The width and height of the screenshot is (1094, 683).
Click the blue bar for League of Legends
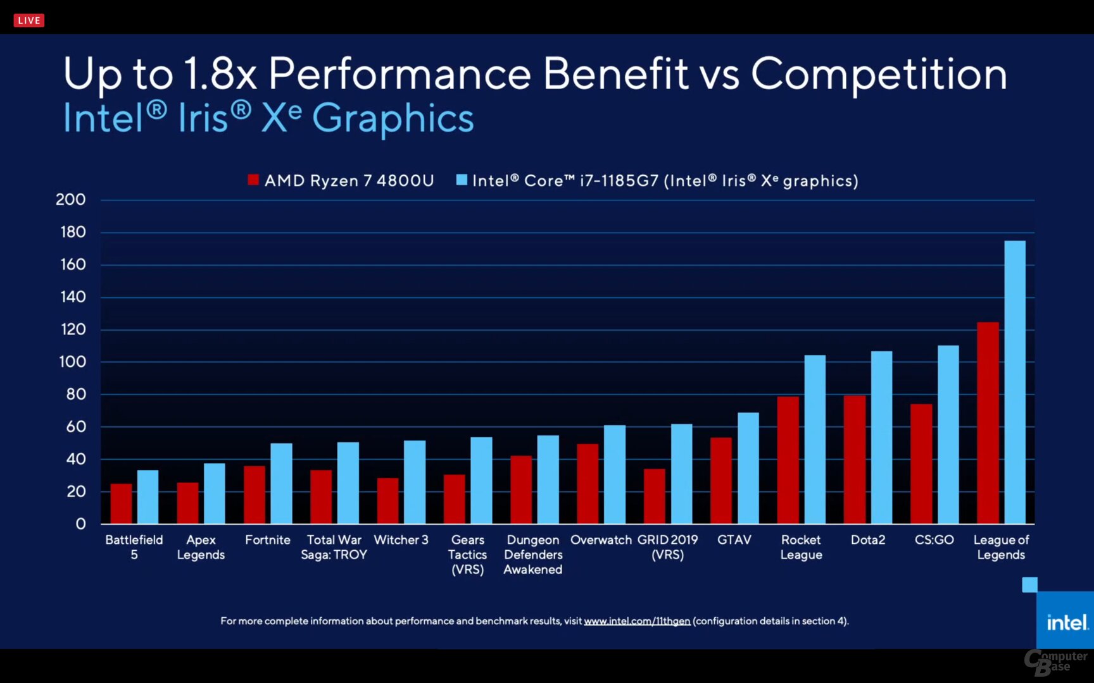1015,382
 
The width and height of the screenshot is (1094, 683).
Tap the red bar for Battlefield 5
121,503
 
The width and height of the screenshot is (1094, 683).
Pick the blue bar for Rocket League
815,439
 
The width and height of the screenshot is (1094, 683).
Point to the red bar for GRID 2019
654,496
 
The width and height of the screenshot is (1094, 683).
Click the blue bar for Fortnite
281,483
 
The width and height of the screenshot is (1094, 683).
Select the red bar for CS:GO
921,464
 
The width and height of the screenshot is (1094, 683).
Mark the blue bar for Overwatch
614,474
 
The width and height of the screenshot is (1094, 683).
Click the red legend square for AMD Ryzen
253,180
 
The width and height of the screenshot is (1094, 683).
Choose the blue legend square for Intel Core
462,180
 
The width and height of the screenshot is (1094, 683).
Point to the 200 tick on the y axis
71,200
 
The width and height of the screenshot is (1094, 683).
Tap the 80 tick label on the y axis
75,394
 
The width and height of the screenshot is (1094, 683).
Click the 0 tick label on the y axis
80,524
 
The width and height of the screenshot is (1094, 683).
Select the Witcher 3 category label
401,540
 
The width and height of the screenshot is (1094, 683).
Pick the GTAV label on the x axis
734,540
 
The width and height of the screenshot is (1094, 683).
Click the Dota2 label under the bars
867,540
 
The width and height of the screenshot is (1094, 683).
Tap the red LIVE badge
29,20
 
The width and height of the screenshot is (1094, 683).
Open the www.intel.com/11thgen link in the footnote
636,621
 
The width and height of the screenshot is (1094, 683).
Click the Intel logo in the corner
1067,622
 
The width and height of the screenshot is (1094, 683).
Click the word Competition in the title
878,75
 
